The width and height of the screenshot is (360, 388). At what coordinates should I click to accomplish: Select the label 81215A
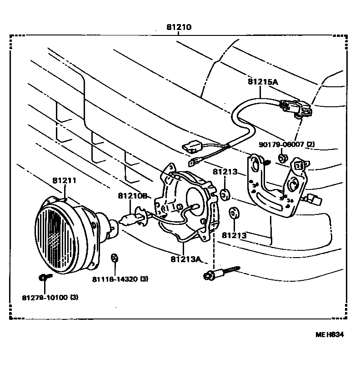[x=263, y=82]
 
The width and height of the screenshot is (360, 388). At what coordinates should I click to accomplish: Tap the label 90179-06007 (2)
[x=286, y=144]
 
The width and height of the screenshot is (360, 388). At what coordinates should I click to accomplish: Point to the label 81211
[x=64, y=180]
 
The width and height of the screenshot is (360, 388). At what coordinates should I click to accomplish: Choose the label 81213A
[x=186, y=259]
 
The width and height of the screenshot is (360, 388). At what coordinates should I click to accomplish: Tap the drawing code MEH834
[x=330, y=335]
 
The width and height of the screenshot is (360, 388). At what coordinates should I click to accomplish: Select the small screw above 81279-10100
[x=43, y=277]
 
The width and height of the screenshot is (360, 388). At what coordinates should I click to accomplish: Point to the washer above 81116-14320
[x=115, y=259]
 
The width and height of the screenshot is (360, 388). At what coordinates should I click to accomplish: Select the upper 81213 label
[x=225, y=172]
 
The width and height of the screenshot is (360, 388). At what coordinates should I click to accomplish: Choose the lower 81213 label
[x=234, y=235]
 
